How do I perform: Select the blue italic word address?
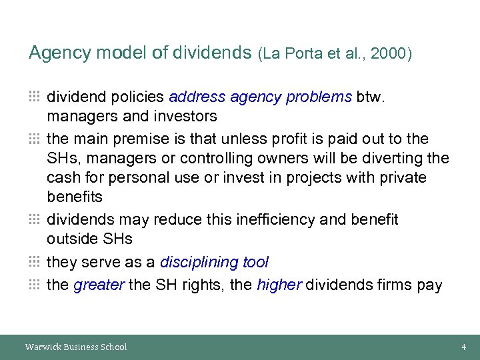(197, 97)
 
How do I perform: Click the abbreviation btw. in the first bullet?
(370, 97)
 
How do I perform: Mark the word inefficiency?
(273, 219)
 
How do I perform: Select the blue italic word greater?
(99, 285)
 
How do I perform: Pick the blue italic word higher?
(279, 285)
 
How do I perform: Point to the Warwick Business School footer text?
(76, 347)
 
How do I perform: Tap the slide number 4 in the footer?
(463, 347)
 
